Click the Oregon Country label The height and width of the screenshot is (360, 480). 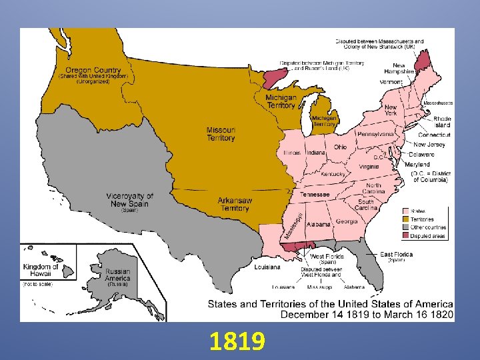click(x=93, y=70)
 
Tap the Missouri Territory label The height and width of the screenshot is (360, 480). click(x=221, y=134)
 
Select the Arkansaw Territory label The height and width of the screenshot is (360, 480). click(x=235, y=204)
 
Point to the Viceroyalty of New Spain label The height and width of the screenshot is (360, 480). click(x=129, y=199)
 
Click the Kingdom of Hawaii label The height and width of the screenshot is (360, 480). click(x=41, y=271)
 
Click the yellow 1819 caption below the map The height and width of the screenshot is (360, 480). click(x=237, y=342)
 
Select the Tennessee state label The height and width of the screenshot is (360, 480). click(x=315, y=194)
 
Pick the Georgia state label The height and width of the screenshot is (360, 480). click(x=347, y=221)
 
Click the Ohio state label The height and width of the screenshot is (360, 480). click(x=340, y=147)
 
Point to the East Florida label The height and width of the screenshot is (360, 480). click(x=396, y=254)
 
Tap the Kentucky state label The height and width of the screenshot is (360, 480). click(x=333, y=174)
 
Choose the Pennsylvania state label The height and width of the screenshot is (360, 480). click(x=375, y=134)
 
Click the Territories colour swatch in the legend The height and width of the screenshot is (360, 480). click(x=405, y=219)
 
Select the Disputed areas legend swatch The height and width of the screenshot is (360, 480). click(x=405, y=236)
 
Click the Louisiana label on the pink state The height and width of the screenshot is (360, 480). click(x=267, y=267)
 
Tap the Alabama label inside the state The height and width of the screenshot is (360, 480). click(x=319, y=225)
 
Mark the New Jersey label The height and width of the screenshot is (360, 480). click(x=429, y=144)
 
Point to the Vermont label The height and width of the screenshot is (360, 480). click(x=391, y=82)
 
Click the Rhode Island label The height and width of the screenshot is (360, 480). click(x=442, y=122)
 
